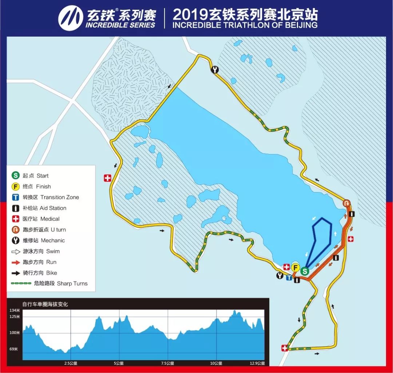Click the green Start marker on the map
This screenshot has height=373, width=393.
(305, 271)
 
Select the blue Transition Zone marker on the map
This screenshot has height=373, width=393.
(289, 278)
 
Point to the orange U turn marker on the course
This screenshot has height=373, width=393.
(347, 204)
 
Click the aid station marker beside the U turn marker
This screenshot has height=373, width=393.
(352, 214)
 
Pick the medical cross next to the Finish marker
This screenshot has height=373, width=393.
(286, 267)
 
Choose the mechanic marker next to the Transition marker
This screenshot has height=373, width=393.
(280, 275)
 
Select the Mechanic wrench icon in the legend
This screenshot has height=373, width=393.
(16, 240)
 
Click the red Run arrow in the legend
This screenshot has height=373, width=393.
(16, 262)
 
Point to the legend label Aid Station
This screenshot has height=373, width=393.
(53, 208)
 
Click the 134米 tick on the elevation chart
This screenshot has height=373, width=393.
(15, 310)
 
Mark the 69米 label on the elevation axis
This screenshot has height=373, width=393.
(13, 349)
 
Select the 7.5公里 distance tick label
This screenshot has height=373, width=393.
(168, 363)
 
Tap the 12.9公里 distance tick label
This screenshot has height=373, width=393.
(257, 363)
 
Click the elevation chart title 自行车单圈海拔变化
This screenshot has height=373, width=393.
(45, 304)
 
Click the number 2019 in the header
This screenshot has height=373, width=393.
(190, 15)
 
